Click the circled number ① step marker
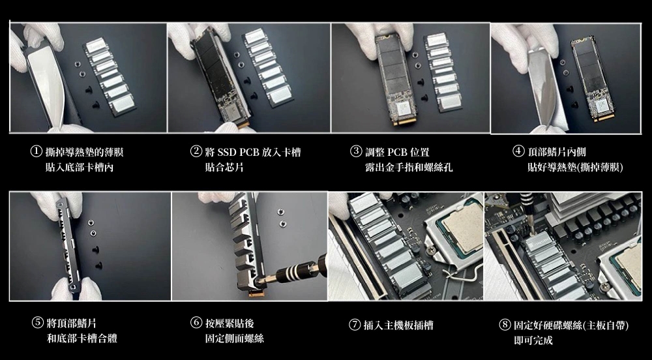point(37,151)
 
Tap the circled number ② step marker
point(196,151)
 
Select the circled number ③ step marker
point(356,151)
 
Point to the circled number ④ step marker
point(518,151)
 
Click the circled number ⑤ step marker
point(37,322)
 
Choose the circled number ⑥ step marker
point(196,322)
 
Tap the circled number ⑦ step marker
point(355,325)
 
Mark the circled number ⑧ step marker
point(505,325)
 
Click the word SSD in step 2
point(227,152)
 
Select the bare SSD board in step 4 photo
point(591,79)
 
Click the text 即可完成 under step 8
point(533,340)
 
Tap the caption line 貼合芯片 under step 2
point(224,167)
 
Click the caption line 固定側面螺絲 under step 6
point(234,338)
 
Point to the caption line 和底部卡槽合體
point(82,338)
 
